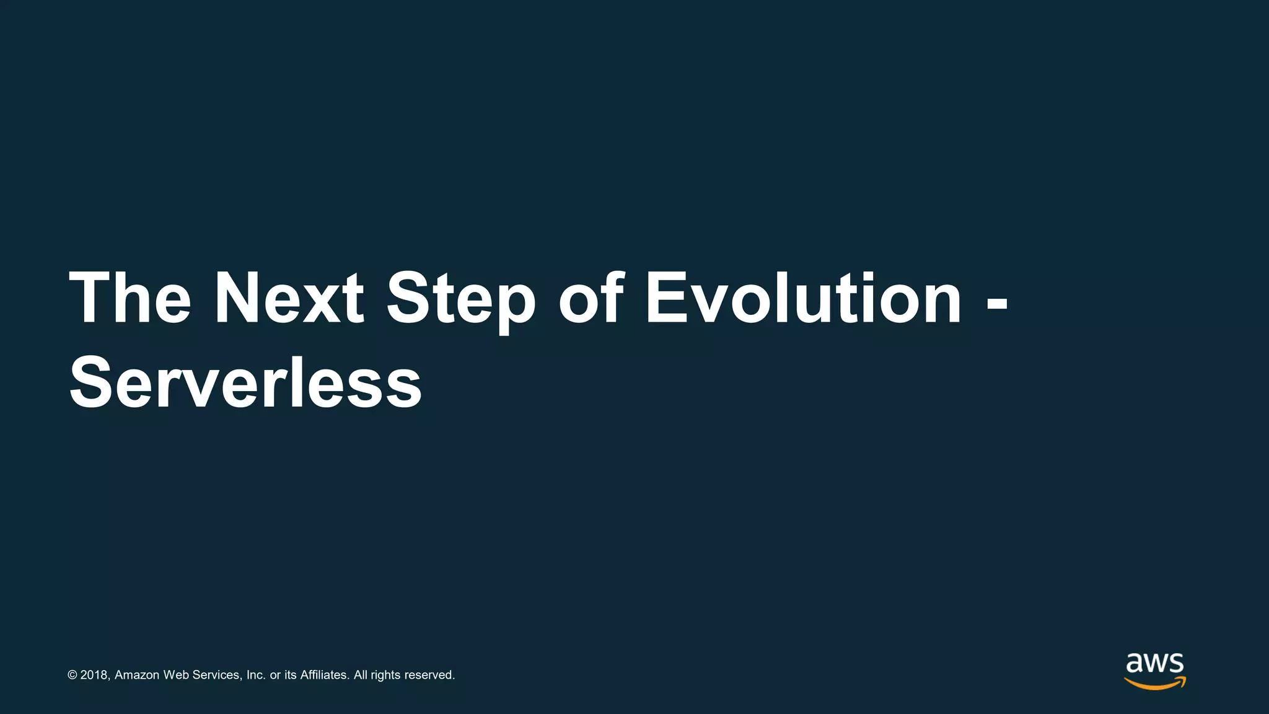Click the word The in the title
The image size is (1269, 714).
tap(130, 299)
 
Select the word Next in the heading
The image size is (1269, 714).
tap(289, 299)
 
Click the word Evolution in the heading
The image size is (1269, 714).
tap(804, 299)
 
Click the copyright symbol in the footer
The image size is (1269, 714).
tap(72, 675)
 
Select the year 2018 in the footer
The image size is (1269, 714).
tap(95, 675)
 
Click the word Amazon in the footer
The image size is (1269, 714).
tap(137, 675)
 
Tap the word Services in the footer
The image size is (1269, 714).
tap(216, 675)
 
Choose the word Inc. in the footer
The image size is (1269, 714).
tap(256, 675)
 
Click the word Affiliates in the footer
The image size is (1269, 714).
tap(325, 675)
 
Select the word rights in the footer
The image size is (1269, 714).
tap(385, 675)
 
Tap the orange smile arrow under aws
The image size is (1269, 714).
tap(1155, 684)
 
